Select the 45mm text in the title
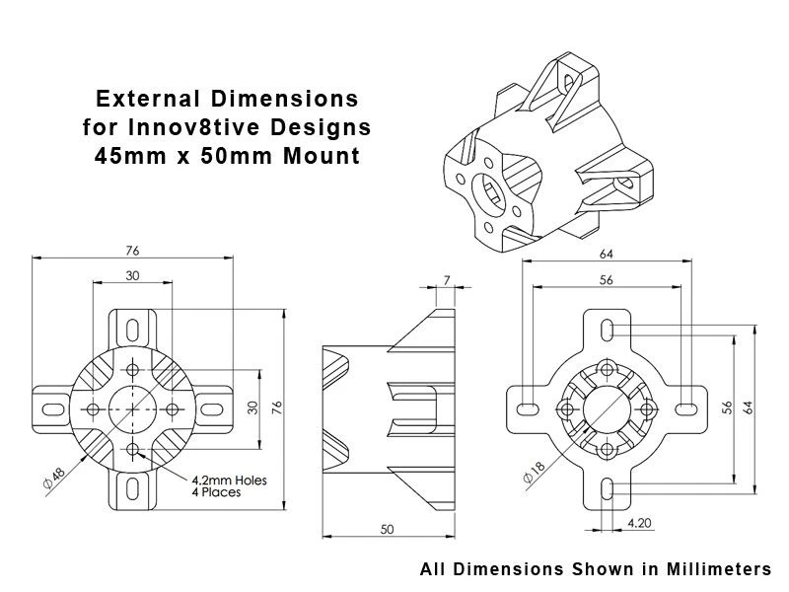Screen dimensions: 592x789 [122, 156]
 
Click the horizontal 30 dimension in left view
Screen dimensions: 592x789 [131, 275]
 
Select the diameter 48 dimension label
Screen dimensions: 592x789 [53, 476]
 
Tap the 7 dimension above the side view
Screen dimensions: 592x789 [446, 281]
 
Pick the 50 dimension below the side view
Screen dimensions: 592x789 [387, 530]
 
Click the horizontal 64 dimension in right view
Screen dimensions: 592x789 [605, 254]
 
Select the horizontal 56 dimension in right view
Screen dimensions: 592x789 [605, 279]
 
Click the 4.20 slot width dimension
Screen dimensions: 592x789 [638, 522]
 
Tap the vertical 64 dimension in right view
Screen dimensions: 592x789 [750, 407]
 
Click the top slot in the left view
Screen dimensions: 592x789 [132, 327]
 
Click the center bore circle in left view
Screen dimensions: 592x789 [132, 407]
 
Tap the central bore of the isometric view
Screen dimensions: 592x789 [490, 191]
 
